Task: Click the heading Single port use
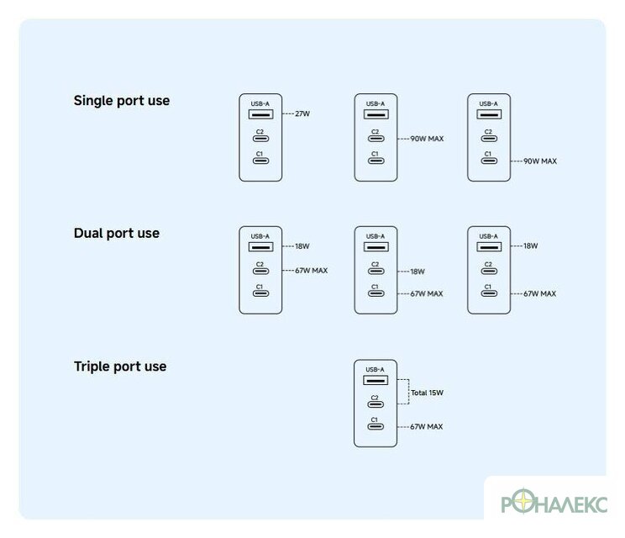click(122, 101)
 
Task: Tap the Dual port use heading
click(117, 234)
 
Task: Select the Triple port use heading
click(120, 367)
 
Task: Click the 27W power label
click(302, 113)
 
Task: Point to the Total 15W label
click(427, 393)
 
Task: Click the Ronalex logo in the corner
click(554, 501)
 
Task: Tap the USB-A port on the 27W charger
click(260, 114)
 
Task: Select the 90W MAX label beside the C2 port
click(427, 139)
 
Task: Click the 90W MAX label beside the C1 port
click(540, 161)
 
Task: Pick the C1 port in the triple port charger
click(376, 426)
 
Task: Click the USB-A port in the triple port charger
click(376, 380)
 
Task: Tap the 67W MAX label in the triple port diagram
click(427, 427)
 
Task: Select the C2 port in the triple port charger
click(376, 404)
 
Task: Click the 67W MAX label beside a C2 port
click(312, 271)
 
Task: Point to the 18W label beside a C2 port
click(418, 272)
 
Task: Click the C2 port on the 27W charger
click(260, 139)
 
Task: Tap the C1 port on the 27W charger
click(260, 161)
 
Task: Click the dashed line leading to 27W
click(288, 113)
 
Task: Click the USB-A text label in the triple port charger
click(375, 369)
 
